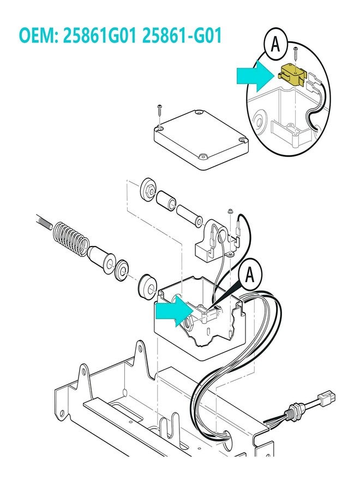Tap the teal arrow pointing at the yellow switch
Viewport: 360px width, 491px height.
point(254,76)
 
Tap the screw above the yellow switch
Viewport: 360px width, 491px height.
point(295,55)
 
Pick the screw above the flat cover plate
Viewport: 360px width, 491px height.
point(159,109)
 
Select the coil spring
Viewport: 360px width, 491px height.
point(71,238)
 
